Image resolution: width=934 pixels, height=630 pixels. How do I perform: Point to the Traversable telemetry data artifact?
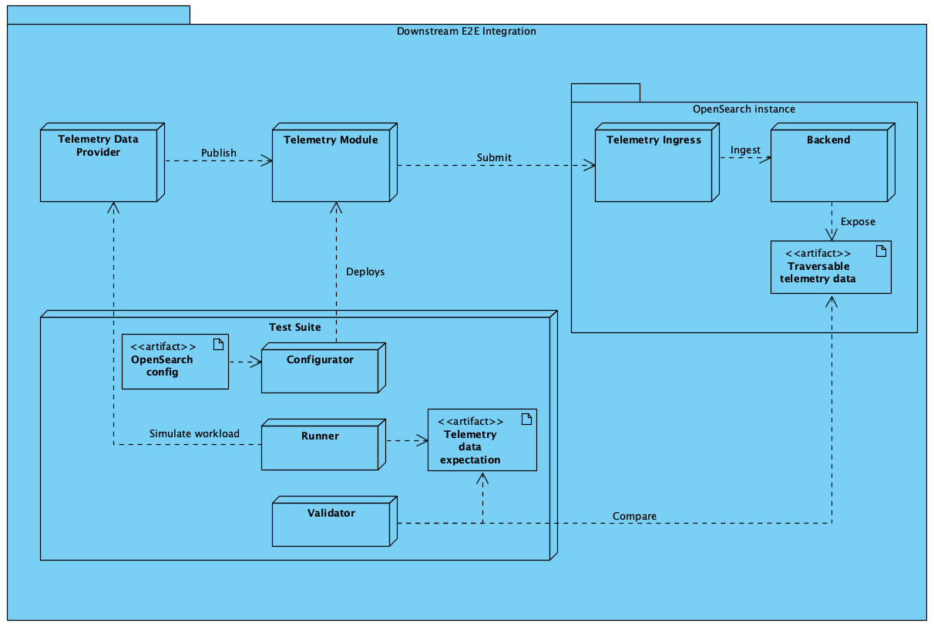(831, 267)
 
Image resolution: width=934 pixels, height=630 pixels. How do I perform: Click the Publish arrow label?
(219, 153)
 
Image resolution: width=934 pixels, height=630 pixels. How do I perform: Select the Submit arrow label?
(494, 157)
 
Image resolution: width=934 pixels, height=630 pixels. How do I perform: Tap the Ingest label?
(745, 150)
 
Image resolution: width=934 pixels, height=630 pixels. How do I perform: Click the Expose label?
(858, 221)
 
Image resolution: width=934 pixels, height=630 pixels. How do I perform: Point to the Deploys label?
(365, 271)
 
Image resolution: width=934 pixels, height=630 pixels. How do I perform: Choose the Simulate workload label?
(194, 433)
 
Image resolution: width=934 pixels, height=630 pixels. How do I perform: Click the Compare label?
(634, 516)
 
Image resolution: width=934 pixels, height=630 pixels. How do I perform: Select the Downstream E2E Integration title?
(466, 32)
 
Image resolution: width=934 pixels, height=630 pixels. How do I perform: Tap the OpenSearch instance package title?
(744, 109)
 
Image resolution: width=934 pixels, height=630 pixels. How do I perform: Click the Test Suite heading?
(295, 327)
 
